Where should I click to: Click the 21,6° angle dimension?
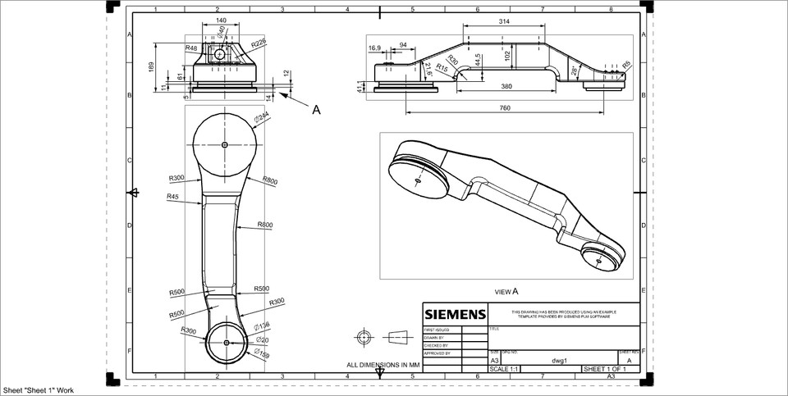(x=428, y=71)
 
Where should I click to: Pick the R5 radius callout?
(x=626, y=64)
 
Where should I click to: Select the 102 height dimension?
(x=508, y=55)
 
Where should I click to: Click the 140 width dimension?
(x=221, y=20)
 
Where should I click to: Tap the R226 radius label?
(x=259, y=42)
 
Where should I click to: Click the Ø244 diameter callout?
(x=261, y=118)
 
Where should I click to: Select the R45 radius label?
(x=173, y=197)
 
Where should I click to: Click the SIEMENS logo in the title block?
(x=455, y=314)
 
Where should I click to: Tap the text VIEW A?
(x=506, y=291)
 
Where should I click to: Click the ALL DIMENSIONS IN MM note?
(x=383, y=364)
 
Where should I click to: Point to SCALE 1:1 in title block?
(x=505, y=369)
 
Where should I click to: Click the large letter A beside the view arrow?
(x=316, y=109)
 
